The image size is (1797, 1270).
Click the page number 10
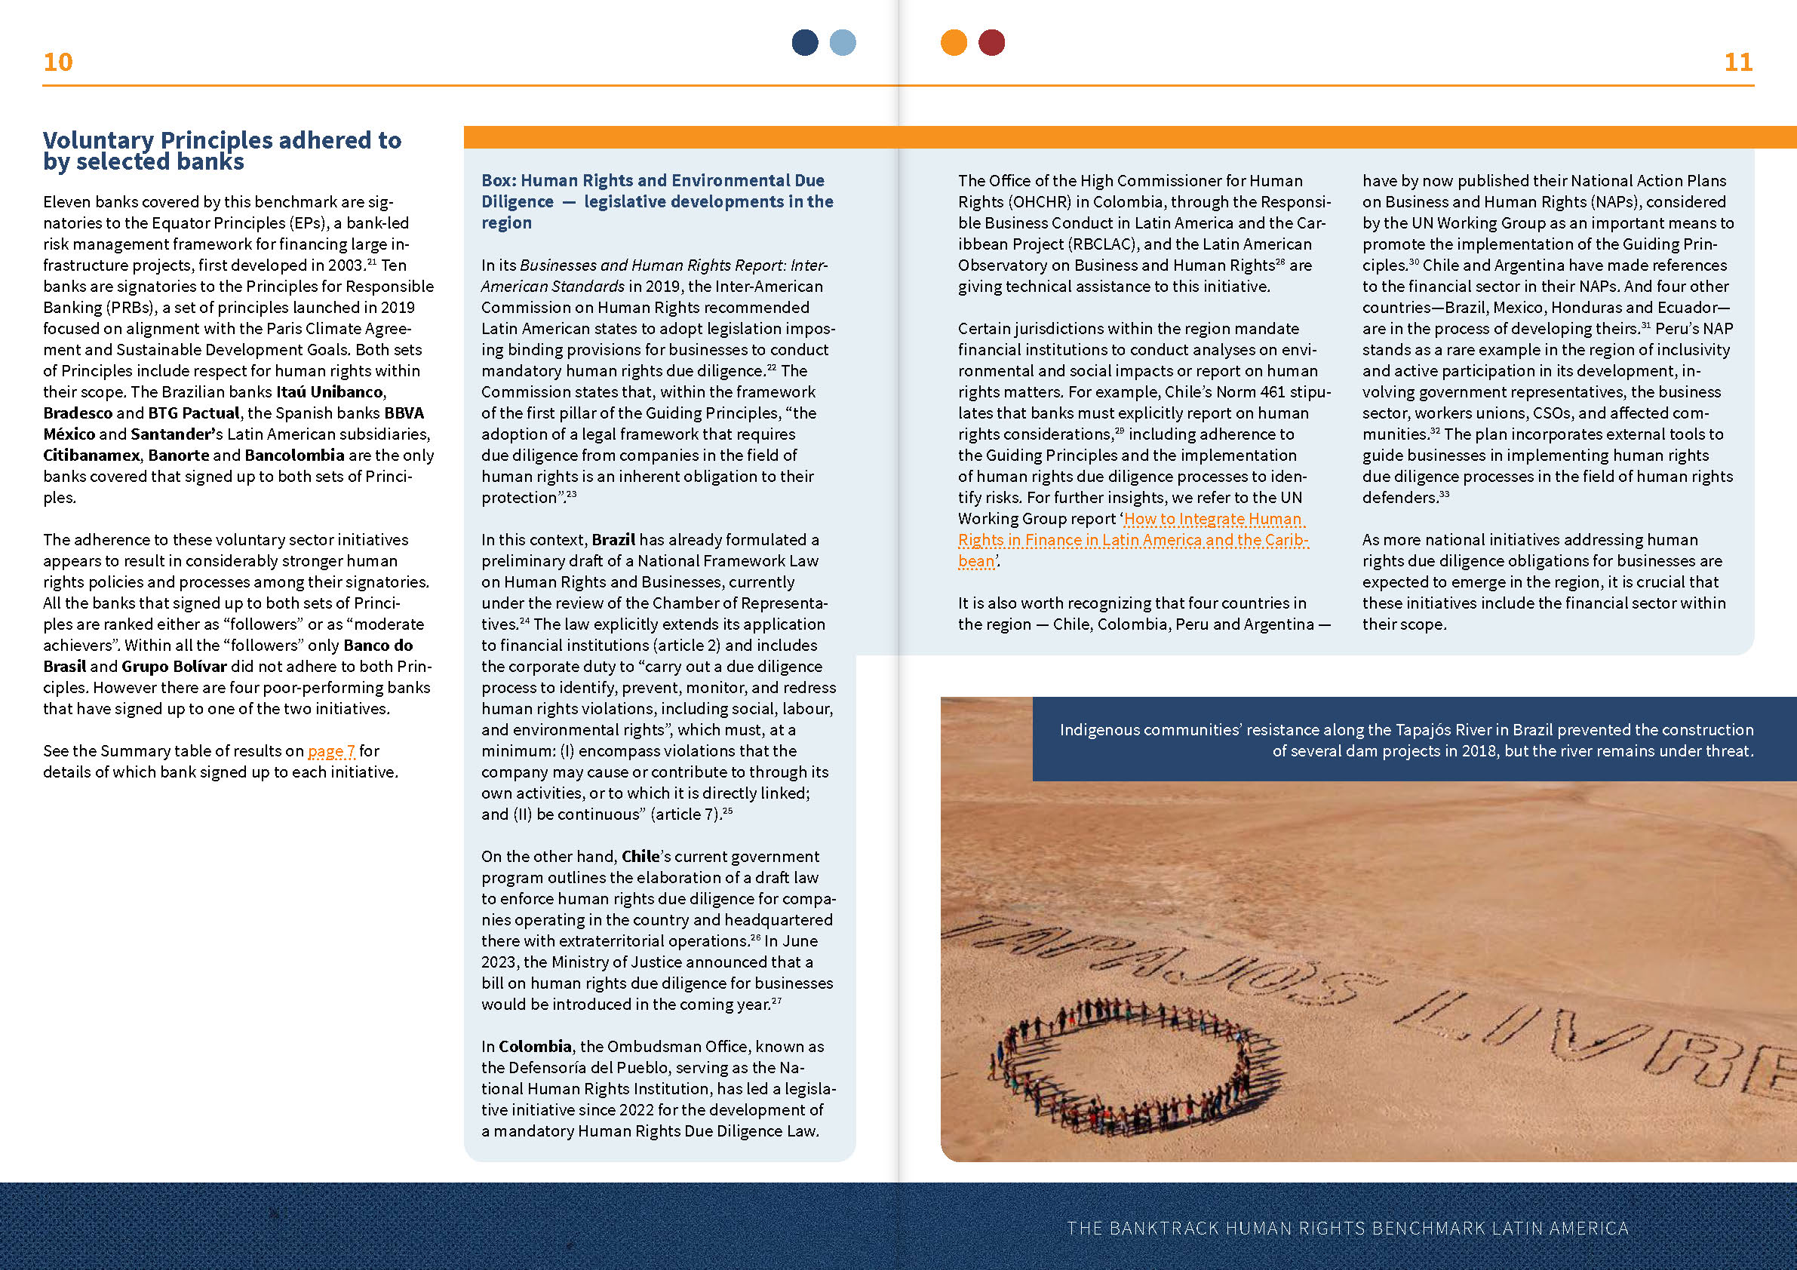click(x=58, y=62)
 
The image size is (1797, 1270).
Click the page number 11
click(x=1738, y=62)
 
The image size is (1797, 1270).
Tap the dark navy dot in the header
click(x=805, y=42)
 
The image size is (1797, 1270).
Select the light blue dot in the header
click(x=842, y=42)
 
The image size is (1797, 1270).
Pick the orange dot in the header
click(x=954, y=42)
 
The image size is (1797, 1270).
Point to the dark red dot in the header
click(x=991, y=42)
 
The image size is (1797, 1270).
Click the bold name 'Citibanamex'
click(x=91, y=456)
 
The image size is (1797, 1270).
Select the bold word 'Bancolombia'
click(x=294, y=456)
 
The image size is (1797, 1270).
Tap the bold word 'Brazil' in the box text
click(x=613, y=540)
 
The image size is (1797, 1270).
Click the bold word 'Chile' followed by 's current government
click(x=640, y=857)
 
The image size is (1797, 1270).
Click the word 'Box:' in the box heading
click(x=498, y=181)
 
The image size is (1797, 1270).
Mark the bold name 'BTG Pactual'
click(x=194, y=413)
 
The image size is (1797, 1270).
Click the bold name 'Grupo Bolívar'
click(x=174, y=667)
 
